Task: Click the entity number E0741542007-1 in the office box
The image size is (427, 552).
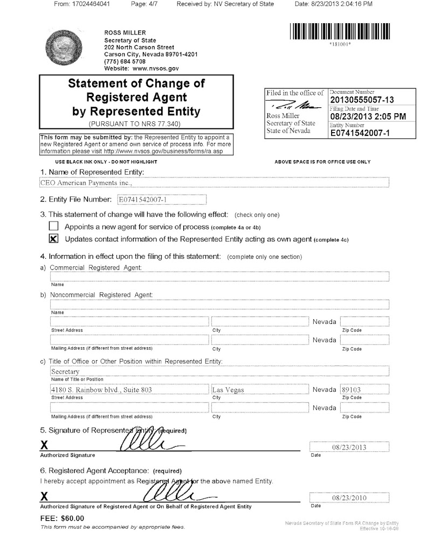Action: click(359, 133)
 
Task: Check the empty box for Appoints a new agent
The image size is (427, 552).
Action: click(53, 226)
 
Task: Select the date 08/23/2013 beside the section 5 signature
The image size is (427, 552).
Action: click(349, 447)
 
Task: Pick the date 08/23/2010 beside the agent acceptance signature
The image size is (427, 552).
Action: click(349, 498)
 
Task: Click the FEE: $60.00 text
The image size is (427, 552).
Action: click(63, 519)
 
